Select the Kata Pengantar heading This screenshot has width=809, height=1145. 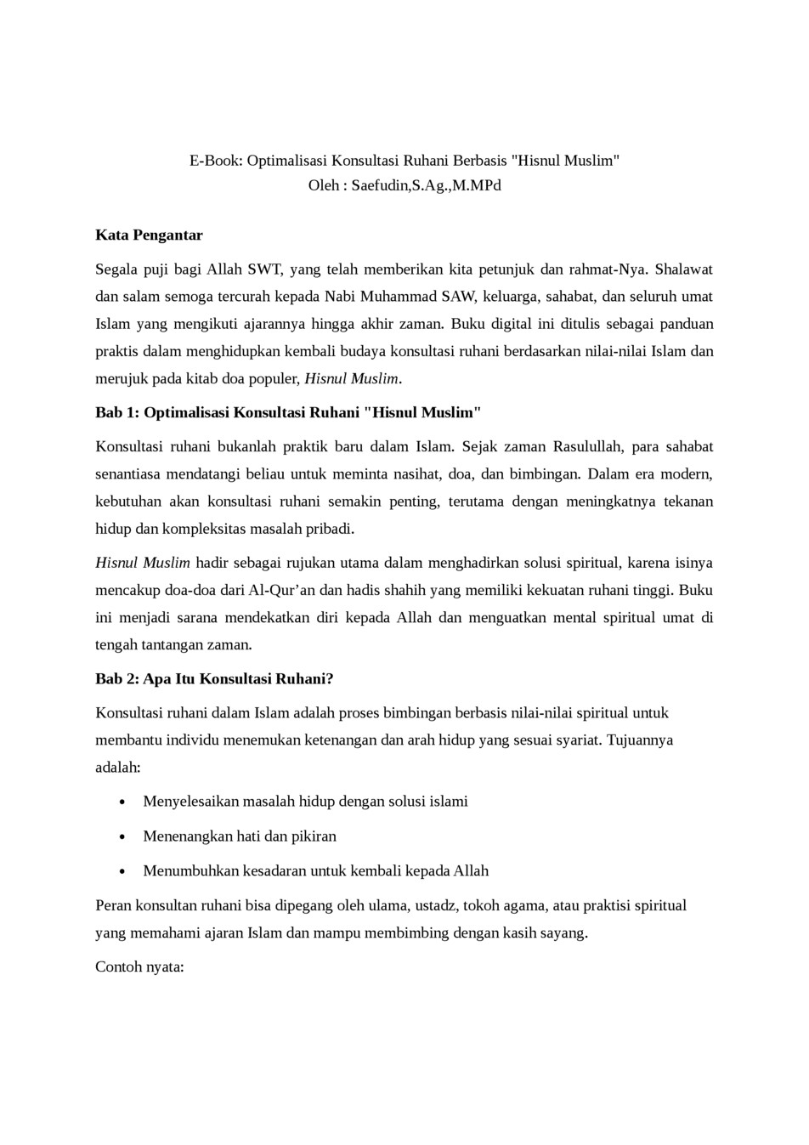(x=149, y=235)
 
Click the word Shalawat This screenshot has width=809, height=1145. (x=683, y=269)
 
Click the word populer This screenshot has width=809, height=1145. (x=270, y=378)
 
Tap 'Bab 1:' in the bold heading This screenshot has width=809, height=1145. (x=117, y=412)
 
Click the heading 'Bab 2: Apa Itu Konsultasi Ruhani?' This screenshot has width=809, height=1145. (x=214, y=678)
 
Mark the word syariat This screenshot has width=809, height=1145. (x=574, y=740)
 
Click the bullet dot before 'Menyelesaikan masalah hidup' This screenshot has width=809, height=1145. (x=124, y=802)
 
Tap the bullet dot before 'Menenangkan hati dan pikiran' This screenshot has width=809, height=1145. (x=124, y=836)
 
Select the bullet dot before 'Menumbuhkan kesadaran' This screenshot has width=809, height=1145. (x=124, y=871)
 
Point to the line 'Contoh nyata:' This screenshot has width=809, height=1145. (x=139, y=966)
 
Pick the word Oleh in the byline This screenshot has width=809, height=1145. (x=324, y=184)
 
